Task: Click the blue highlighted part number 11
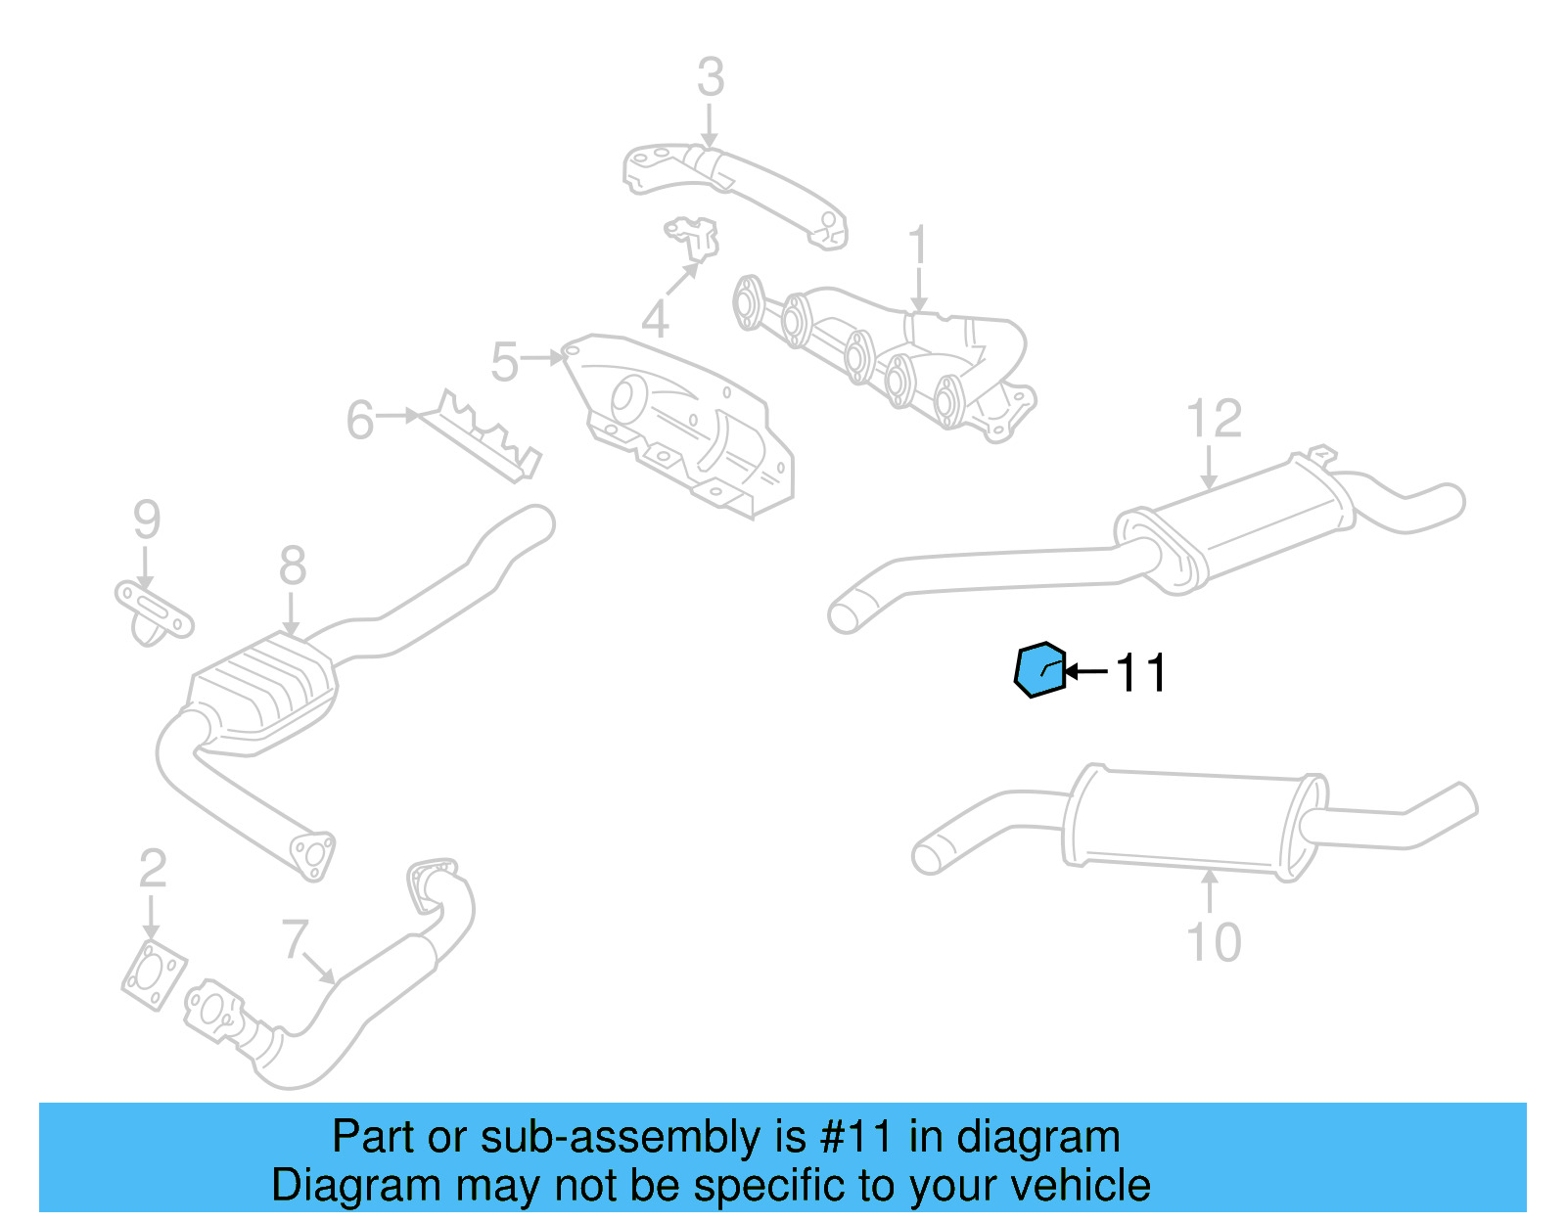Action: point(1039,670)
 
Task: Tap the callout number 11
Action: point(1141,673)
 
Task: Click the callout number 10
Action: point(1214,942)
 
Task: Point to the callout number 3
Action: point(711,77)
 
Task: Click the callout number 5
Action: point(504,362)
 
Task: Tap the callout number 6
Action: point(360,421)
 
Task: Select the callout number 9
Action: point(147,520)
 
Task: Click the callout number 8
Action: point(292,566)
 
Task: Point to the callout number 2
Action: point(153,869)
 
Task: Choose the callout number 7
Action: point(295,938)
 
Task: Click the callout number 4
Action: point(655,319)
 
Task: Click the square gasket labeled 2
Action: point(154,976)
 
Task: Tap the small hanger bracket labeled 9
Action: point(153,611)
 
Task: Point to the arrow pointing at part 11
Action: point(1086,672)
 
